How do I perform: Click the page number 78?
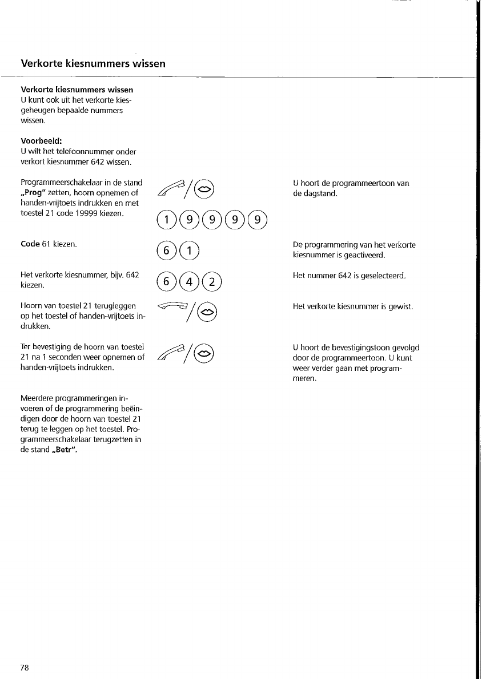click(x=25, y=668)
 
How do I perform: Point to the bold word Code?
click(x=30, y=244)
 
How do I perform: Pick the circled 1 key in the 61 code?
click(x=188, y=252)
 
